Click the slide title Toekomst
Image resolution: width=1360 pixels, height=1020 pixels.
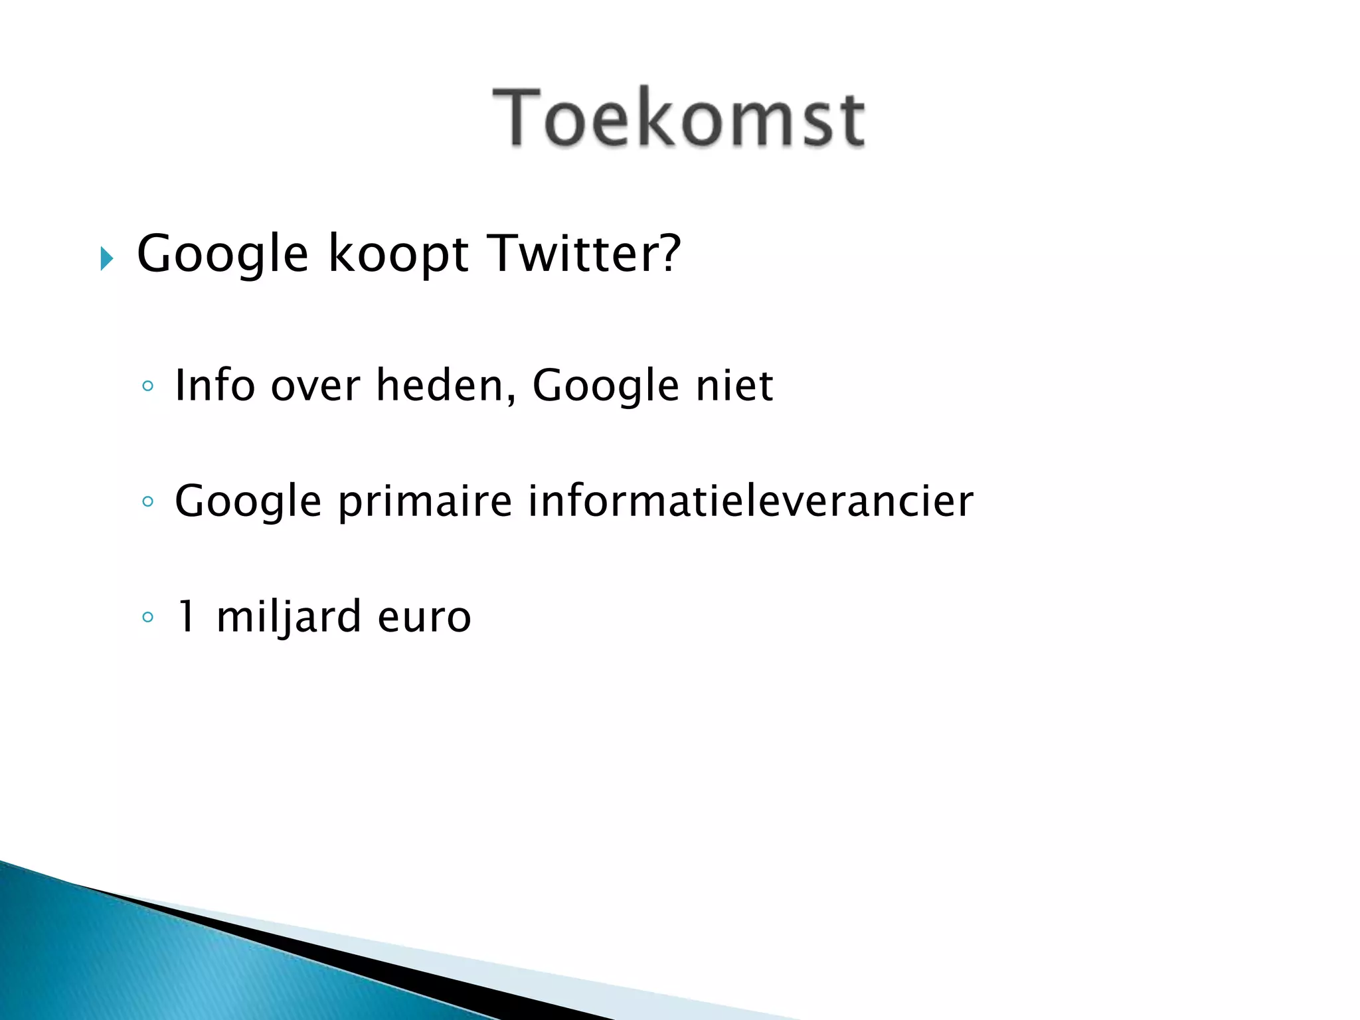(x=679, y=118)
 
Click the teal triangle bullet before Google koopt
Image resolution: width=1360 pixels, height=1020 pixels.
(x=106, y=258)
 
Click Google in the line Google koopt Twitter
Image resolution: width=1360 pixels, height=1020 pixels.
(x=222, y=255)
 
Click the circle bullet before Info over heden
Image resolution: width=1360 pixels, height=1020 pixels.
(x=148, y=386)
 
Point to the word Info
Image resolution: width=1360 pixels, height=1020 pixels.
(x=214, y=385)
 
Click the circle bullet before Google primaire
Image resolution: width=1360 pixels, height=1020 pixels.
(x=148, y=501)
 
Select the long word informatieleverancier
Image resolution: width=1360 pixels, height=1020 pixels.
(x=750, y=501)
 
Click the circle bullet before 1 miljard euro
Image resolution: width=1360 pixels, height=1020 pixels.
(x=148, y=617)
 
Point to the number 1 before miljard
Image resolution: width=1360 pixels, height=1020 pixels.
(x=187, y=616)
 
